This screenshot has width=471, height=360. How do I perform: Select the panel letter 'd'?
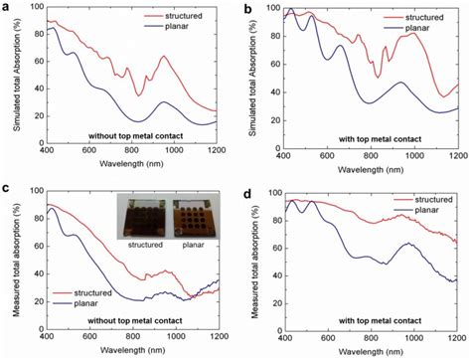(x=248, y=187)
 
